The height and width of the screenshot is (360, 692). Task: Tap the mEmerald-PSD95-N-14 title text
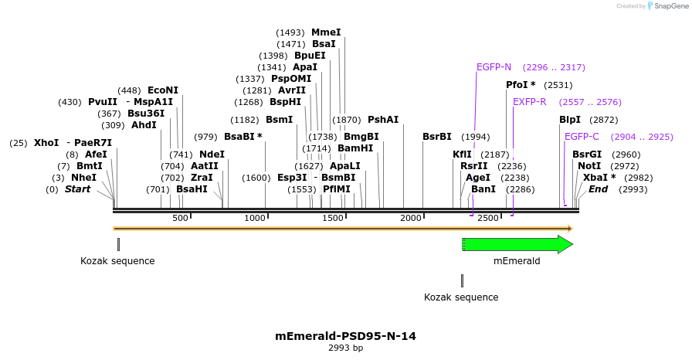(345, 336)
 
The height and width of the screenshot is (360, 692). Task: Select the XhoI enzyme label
(46, 143)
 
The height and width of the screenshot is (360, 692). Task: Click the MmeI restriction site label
(326, 32)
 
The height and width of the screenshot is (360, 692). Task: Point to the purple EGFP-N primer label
(494, 67)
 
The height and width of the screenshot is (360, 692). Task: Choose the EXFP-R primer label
(530, 102)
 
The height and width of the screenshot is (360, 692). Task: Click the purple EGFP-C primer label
(582, 137)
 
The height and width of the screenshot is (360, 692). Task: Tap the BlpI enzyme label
(570, 120)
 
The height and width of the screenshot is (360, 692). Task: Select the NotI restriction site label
(589, 166)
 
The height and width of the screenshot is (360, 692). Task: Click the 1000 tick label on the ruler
(255, 219)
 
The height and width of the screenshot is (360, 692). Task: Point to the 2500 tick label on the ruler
(488, 219)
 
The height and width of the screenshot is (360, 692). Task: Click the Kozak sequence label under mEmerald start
(461, 297)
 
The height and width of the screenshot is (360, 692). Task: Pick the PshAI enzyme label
(383, 120)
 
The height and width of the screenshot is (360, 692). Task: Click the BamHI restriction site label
(355, 148)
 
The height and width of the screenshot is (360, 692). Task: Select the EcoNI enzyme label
(162, 90)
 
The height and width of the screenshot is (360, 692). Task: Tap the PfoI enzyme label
(521, 85)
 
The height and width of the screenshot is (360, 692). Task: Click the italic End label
(599, 189)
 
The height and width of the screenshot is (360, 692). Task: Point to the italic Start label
(77, 189)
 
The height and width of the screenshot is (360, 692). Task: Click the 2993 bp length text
(345, 348)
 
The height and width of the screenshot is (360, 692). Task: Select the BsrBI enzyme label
(437, 137)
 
